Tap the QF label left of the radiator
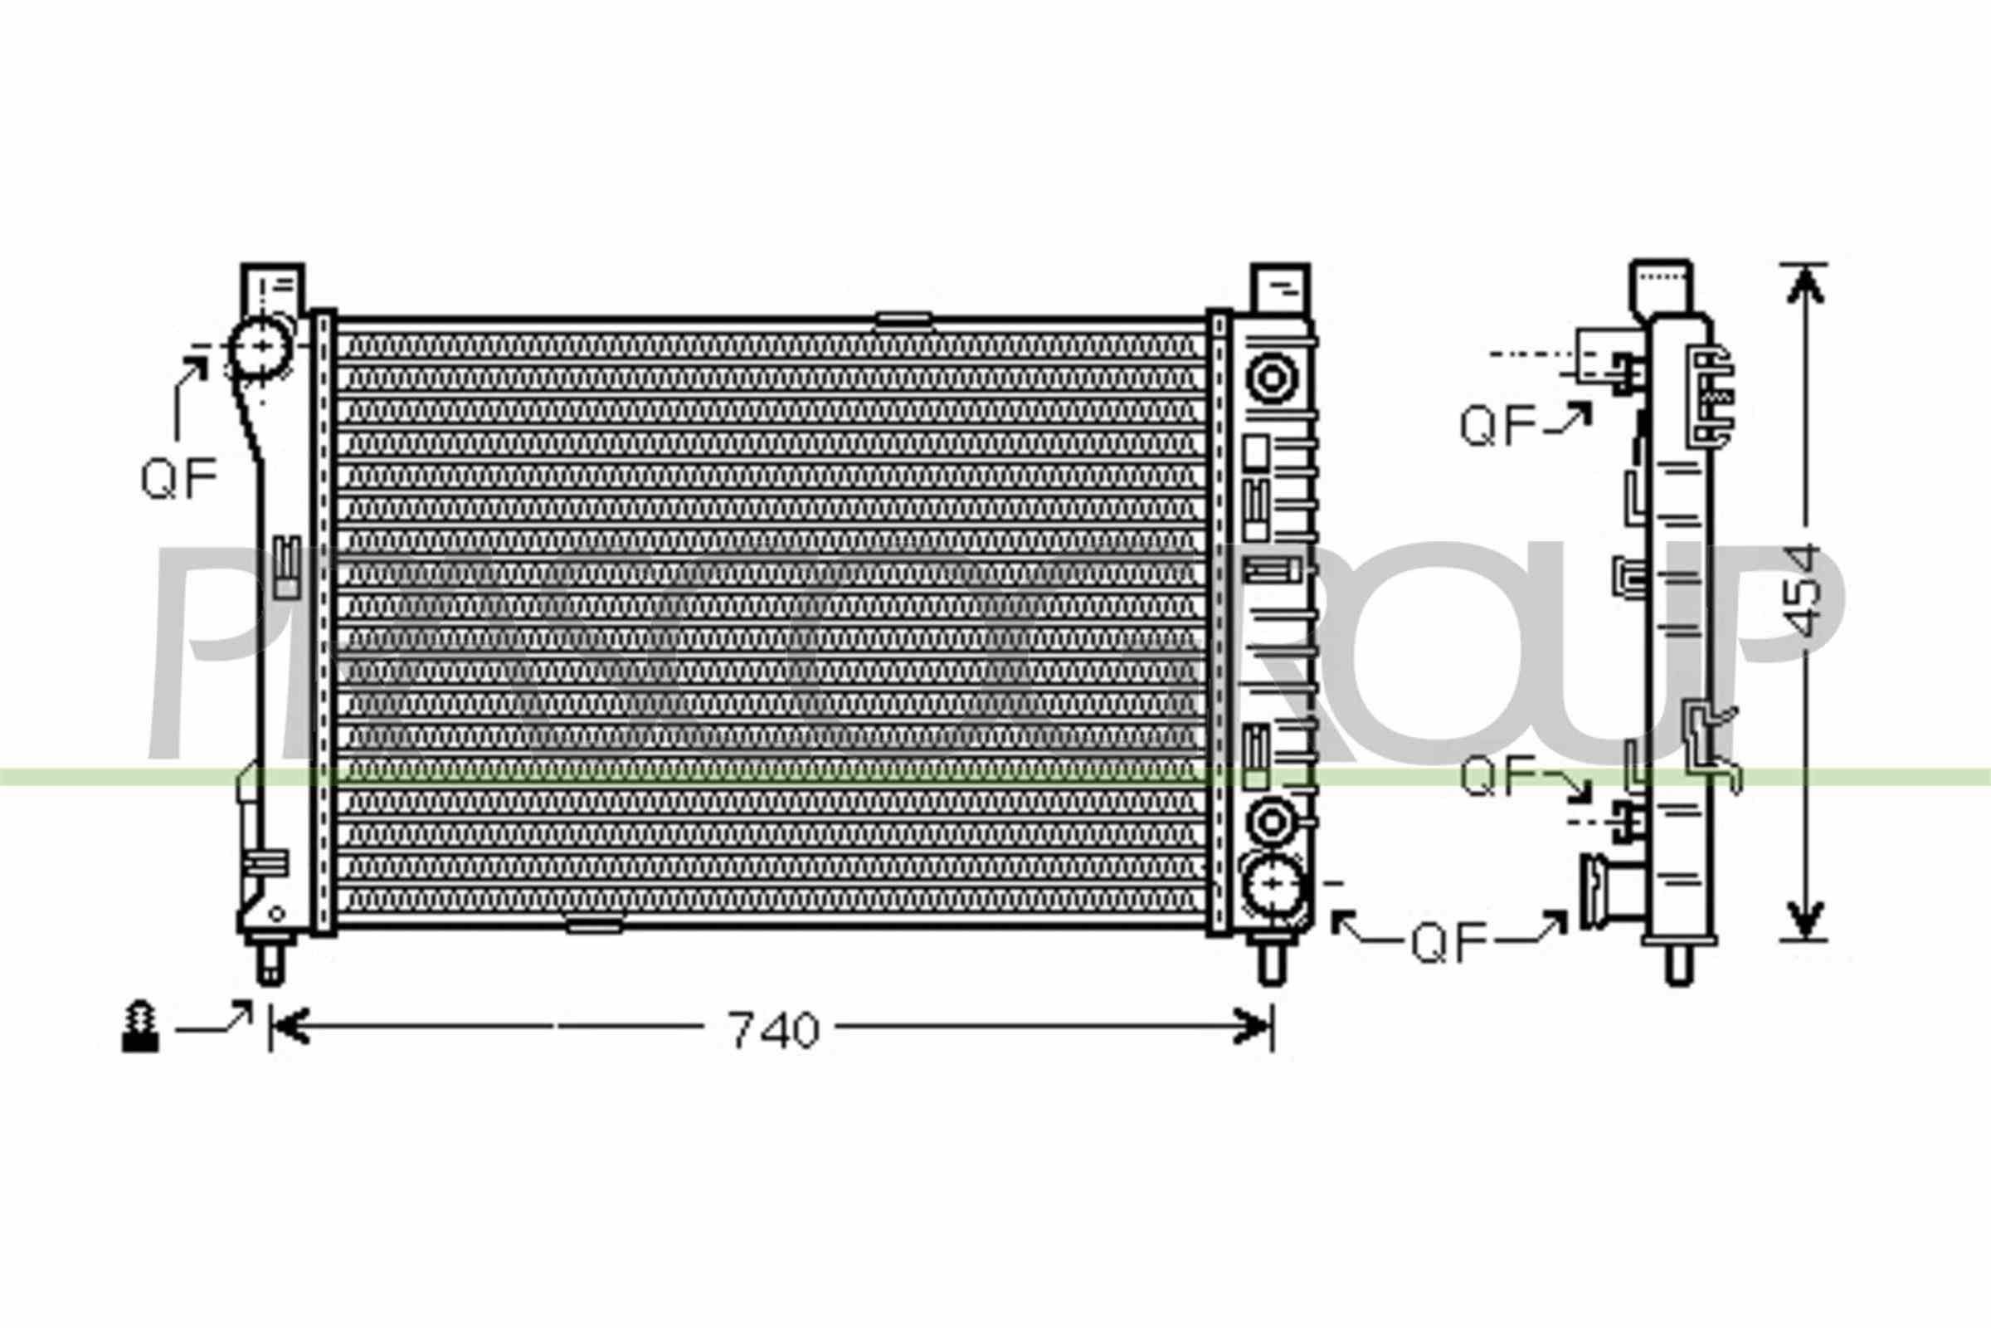pyautogui.click(x=178, y=479)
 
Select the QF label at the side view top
pyautogui.click(x=1497, y=426)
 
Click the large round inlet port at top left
pyautogui.click(x=261, y=347)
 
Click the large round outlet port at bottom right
pyautogui.click(x=1273, y=884)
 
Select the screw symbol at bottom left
pyautogui.click(x=139, y=1028)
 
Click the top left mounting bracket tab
pyautogui.click(x=273, y=288)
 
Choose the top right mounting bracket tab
pyautogui.click(x=1280, y=288)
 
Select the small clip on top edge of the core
pyautogui.click(x=903, y=320)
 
